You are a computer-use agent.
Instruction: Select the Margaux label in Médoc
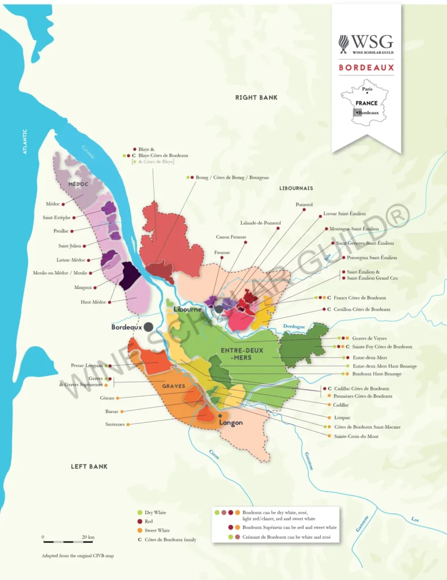(83, 287)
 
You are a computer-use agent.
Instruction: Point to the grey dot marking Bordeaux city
(148, 327)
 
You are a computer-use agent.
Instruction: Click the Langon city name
(230, 423)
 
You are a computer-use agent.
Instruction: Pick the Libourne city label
(188, 309)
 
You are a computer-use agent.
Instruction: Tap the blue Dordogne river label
(294, 326)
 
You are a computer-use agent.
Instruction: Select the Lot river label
(415, 519)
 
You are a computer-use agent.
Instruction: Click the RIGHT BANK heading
(256, 97)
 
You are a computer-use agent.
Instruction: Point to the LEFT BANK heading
(89, 466)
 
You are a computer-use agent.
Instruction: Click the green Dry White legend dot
(140, 513)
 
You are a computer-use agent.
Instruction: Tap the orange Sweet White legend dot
(140, 531)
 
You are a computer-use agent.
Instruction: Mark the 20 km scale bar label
(88, 537)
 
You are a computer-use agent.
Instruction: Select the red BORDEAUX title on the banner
(366, 67)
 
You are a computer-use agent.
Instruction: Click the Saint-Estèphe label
(57, 217)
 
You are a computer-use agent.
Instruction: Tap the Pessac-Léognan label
(87, 366)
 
